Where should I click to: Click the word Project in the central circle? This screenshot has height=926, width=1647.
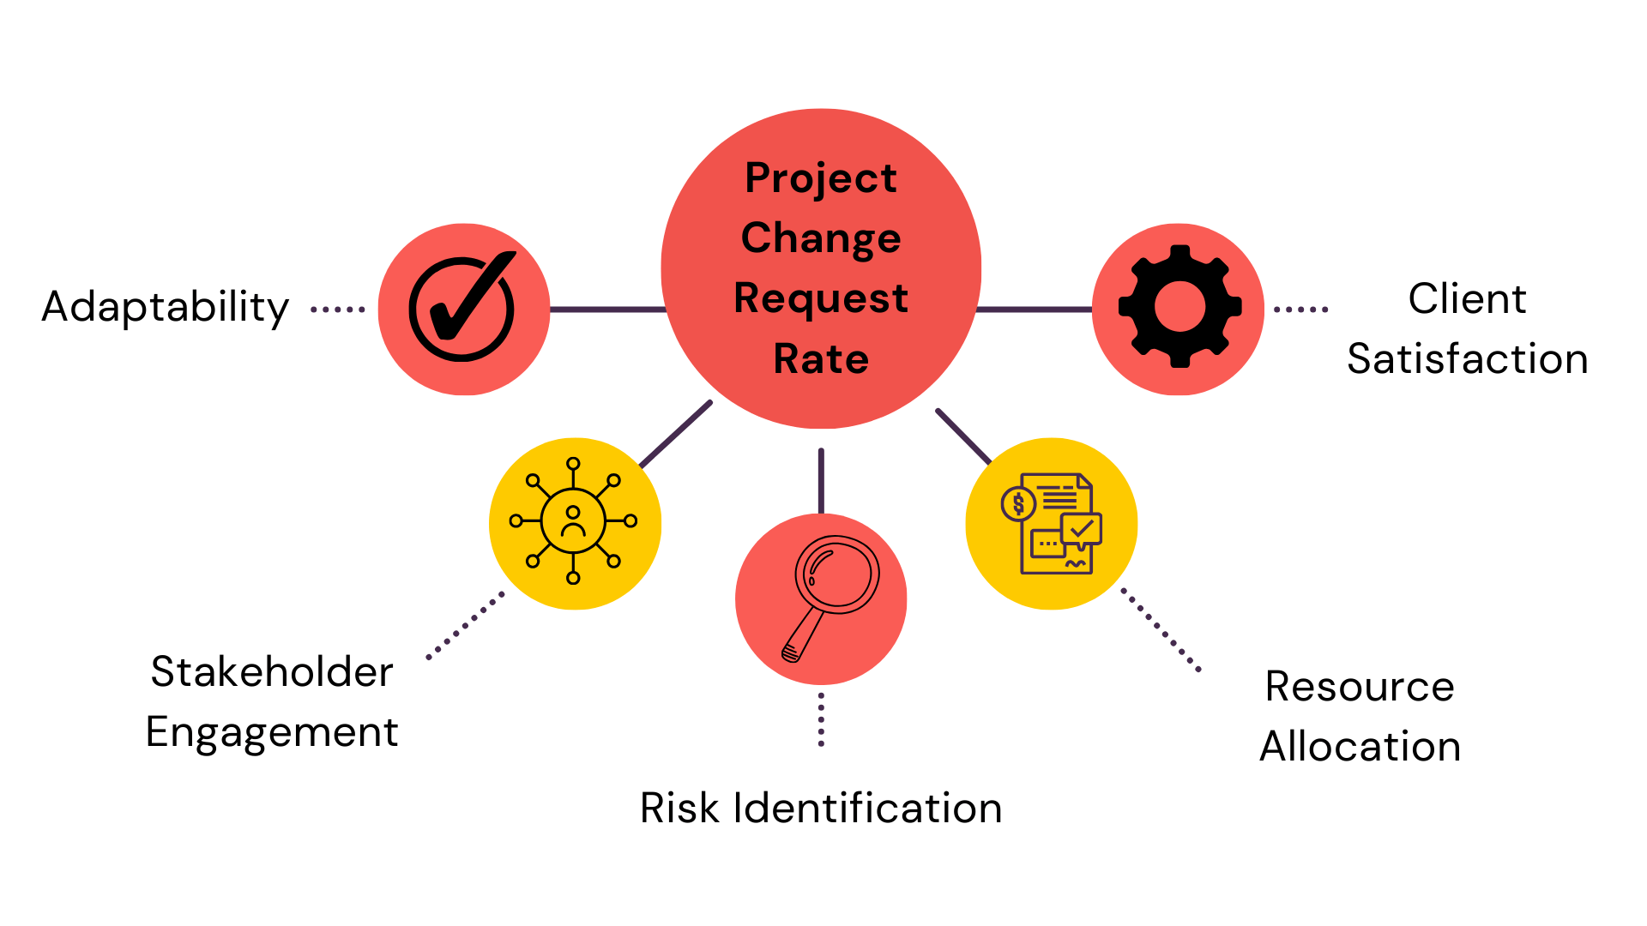(x=821, y=179)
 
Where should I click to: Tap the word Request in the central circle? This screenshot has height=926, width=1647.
(x=821, y=299)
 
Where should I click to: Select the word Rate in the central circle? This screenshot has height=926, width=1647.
(x=821, y=359)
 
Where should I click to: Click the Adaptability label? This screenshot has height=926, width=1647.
(x=166, y=307)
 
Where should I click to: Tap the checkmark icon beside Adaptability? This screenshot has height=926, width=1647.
(x=463, y=307)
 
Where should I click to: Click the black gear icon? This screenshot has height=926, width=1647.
(x=1179, y=307)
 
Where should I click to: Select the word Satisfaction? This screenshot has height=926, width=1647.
(x=1467, y=358)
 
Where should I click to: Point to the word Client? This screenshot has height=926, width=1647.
(x=1467, y=299)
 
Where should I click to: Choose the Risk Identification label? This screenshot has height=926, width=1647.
(x=821, y=808)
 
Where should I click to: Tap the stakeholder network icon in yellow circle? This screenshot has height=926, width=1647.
(x=573, y=521)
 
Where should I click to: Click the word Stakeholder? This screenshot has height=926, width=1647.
(x=272, y=671)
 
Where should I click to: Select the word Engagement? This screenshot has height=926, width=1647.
(x=272, y=732)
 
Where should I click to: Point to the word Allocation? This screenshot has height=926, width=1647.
(x=1360, y=746)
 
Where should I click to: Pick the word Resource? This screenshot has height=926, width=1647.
(x=1360, y=687)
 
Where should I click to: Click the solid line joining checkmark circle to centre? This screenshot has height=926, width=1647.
(x=606, y=309)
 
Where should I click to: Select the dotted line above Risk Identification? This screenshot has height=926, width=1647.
(x=821, y=719)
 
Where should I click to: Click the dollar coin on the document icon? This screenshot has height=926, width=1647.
(x=1018, y=504)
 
